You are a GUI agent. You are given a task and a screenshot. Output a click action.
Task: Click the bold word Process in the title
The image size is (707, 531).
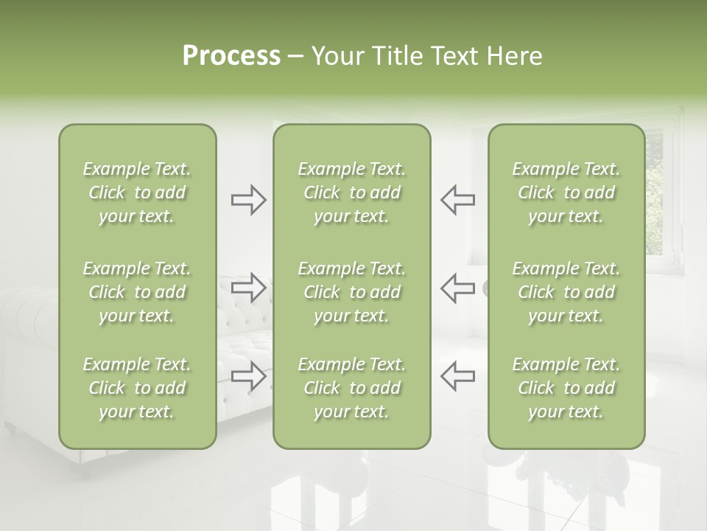[x=231, y=56]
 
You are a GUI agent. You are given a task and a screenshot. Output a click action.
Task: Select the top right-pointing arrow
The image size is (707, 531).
[x=248, y=200]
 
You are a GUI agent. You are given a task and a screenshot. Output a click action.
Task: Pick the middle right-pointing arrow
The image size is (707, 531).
[x=248, y=288]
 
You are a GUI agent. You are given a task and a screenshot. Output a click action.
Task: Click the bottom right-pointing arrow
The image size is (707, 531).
[x=248, y=376]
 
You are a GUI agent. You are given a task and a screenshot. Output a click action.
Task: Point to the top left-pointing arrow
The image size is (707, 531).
[x=457, y=200]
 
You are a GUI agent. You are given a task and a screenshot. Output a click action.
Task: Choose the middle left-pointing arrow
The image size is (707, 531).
[x=457, y=288]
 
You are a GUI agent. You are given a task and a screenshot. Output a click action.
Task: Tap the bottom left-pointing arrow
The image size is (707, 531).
[x=457, y=376]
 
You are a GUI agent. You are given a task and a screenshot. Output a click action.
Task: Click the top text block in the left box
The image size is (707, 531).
[x=137, y=192]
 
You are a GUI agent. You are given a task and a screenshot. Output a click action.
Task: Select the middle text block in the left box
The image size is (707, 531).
[x=137, y=292]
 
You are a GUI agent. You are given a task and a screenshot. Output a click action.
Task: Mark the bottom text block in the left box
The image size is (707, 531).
[x=137, y=388]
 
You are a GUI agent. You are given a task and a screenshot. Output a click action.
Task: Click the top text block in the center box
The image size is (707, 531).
[x=351, y=192]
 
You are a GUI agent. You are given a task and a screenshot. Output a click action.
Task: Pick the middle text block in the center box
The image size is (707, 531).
[x=351, y=292]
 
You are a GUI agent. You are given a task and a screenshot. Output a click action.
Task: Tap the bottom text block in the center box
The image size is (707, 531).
[x=351, y=388]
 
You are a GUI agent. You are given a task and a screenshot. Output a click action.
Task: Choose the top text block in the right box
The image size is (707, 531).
[x=566, y=192]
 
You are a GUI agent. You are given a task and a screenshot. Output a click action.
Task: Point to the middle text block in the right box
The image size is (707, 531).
[x=566, y=292]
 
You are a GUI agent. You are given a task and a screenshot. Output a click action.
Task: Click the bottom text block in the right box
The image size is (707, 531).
[x=566, y=388]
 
